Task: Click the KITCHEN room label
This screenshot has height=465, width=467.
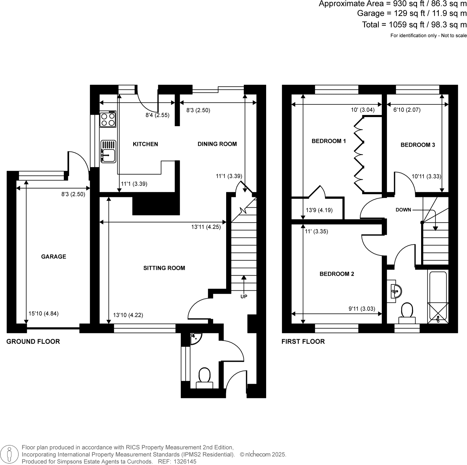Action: (145, 144)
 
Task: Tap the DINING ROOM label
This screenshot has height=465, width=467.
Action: (217, 144)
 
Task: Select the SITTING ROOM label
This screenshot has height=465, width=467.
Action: (164, 268)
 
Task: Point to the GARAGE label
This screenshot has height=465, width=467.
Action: (54, 257)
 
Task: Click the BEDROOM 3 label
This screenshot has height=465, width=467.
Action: (418, 145)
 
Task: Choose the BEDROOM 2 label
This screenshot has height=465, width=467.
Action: (337, 274)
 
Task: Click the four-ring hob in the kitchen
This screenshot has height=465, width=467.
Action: (108, 119)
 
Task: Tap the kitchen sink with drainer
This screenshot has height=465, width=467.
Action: (108, 151)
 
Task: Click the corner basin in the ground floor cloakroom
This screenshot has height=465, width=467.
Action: (194, 338)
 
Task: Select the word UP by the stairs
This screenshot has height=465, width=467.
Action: (244, 297)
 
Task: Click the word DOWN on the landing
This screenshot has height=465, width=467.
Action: (403, 210)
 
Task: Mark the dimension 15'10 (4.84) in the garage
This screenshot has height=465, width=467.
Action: (44, 314)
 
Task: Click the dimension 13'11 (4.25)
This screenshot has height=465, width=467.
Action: (206, 227)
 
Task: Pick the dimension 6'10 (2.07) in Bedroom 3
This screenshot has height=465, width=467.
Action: (407, 110)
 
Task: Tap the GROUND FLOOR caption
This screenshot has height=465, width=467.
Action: (33, 342)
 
